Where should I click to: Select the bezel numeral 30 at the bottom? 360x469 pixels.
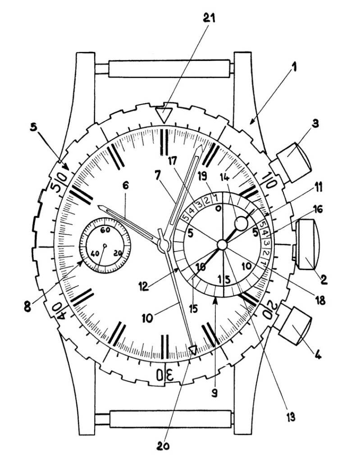coord(165,373)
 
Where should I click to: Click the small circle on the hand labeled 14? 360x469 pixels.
coord(241,223)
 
